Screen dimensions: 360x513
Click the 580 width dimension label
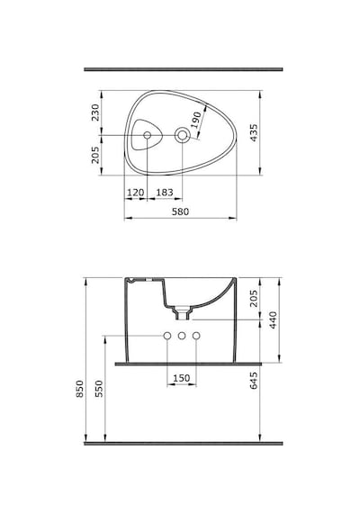coord(180,211)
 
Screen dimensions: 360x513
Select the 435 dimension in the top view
coord(254,132)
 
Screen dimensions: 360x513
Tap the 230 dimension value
coord(95,112)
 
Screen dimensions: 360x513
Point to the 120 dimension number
coord(136,193)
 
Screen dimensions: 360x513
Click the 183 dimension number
coord(165,193)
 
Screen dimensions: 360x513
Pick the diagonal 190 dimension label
coord(196,120)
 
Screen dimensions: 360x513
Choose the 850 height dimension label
coord(80,389)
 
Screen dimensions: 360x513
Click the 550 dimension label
coord(99,389)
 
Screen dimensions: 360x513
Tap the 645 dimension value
coord(254,381)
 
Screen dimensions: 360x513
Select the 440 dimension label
coord(273,320)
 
